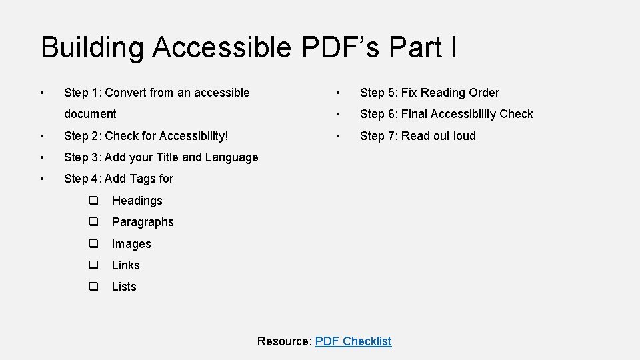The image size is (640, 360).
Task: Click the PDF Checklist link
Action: [353, 341]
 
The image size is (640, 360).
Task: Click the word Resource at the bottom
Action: [284, 341]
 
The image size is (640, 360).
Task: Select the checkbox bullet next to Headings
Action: [94, 201]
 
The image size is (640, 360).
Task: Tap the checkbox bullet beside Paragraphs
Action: [94, 222]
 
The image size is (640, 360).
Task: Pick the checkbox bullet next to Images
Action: [94, 244]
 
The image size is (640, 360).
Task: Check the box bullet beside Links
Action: [94, 265]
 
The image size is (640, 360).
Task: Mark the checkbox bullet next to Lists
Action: [94, 287]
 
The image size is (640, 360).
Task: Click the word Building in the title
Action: [92, 48]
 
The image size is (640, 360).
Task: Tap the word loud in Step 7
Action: [464, 136]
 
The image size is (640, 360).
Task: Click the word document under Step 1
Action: [90, 114]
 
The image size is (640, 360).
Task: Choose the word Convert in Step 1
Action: [126, 93]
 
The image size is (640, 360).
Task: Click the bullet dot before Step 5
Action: [339, 93]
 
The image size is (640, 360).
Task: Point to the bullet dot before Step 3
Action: [42, 157]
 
